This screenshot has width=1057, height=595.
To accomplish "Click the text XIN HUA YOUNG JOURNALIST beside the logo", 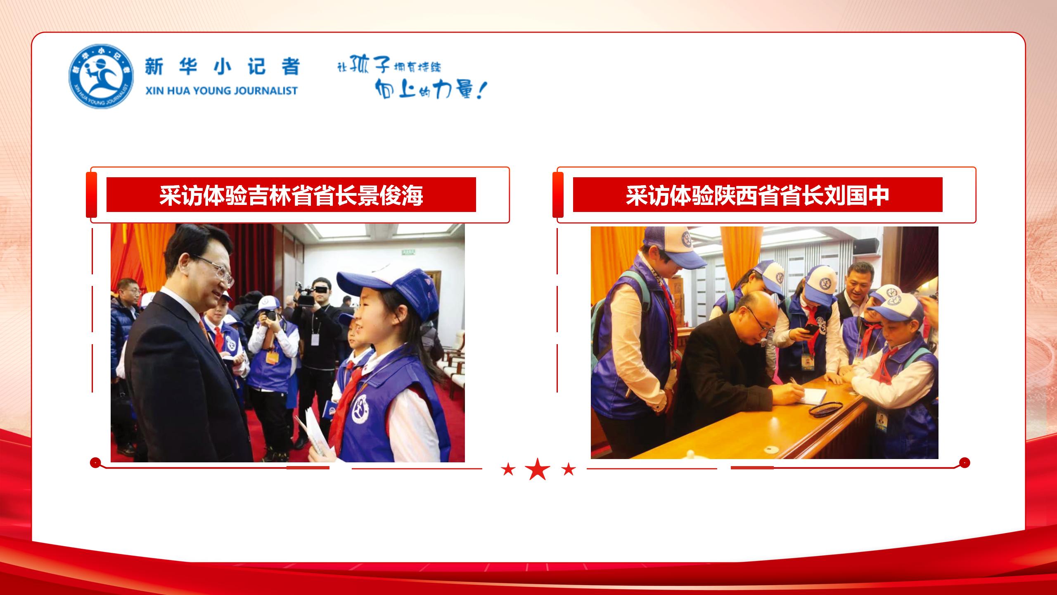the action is click(x=221, y=91).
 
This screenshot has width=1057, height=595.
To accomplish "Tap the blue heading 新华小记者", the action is click(x=222, y=67).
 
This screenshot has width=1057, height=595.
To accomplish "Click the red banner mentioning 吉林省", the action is click(x=291, y=195).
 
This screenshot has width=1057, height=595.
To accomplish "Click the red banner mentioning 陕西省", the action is click(x=758, y=195).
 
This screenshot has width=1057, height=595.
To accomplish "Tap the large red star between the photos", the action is click(x=538, y=469).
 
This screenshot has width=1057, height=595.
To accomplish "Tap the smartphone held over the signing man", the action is click(x=810, y=329).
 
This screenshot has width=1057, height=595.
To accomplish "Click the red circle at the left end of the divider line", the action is click(x=95, y=462).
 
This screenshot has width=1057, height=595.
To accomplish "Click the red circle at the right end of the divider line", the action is click(x=965, y=462).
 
